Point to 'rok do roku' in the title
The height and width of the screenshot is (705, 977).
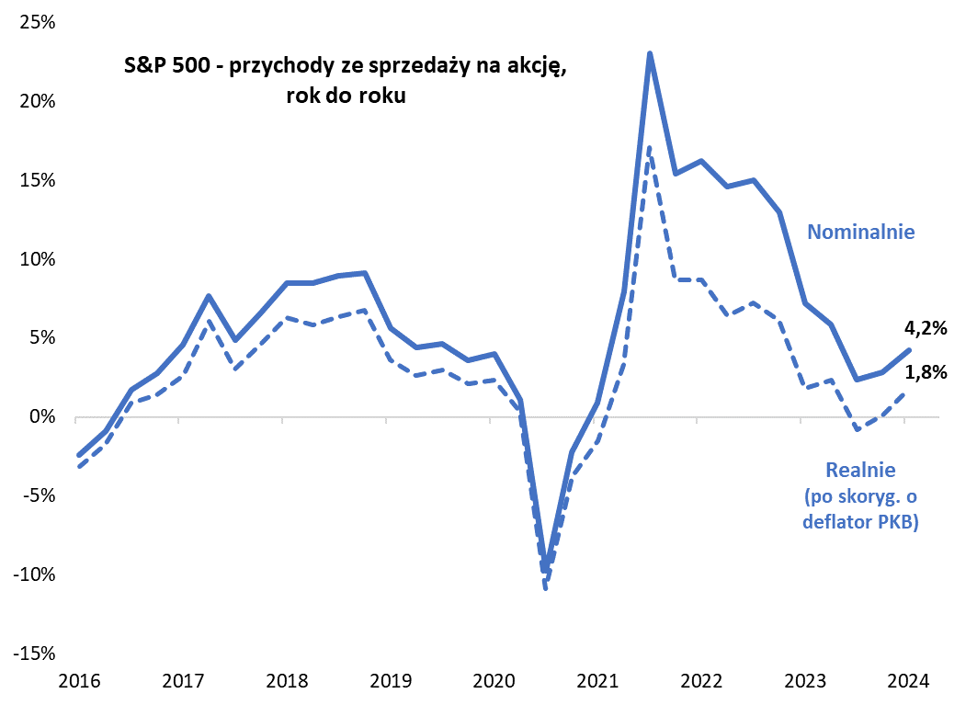point(346,95)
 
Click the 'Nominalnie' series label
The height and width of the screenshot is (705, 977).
point(861,232)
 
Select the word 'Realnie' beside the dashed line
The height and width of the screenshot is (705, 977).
point(861,470)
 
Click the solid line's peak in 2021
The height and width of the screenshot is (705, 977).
point(650,53)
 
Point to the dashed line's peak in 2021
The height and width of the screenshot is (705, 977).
point(650,147)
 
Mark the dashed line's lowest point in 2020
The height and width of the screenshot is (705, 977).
point(546,588)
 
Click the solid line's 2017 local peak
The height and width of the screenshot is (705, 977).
point(209,296)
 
